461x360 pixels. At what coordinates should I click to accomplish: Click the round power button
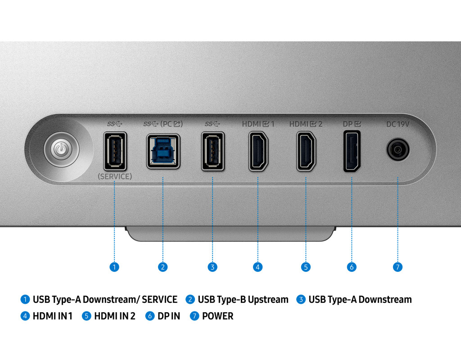pyautogui.click(x=62, y=148)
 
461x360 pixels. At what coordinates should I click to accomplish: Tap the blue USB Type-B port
pyautogui.click(x=163, y=151)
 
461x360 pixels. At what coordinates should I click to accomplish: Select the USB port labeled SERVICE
pyautogui.click(x=115, y=151)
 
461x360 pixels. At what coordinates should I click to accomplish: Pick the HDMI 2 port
pyautogui.click(x=306, y=151)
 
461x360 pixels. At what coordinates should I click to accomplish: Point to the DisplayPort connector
pyautogui.click(x=352, y=151)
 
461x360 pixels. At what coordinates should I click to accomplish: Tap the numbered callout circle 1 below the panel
pyautogui.click(x=115, y=267)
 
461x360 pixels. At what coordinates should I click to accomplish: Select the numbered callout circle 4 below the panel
pyautogui.click(x=258, y=267)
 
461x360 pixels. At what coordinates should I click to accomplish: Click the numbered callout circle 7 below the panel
pyautogui.click(x=397, y=267)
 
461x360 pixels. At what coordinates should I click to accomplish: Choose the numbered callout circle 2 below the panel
pyautogui.click(x=163, y=267)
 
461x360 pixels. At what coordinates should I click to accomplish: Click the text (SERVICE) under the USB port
pyautogui.click(x=115, y=177)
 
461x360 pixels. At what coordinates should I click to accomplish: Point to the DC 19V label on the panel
pyautogui.click(x=398, y=124)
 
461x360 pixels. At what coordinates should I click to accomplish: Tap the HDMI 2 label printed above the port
pyautogui.click(x=306, y=124)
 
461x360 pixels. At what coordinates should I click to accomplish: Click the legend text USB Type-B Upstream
pyautogui.click(x=243, y=299)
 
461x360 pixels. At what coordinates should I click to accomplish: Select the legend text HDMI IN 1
pyautogui.click(x=52, y=316)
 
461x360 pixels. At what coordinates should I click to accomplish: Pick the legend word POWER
pyautogui.click(x=218, y=316)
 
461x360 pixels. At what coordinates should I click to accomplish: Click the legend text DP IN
pyautogui.click(x=169, y=316)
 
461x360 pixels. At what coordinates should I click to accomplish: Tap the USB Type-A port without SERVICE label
pyautogui.click(x=212, y=151)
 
